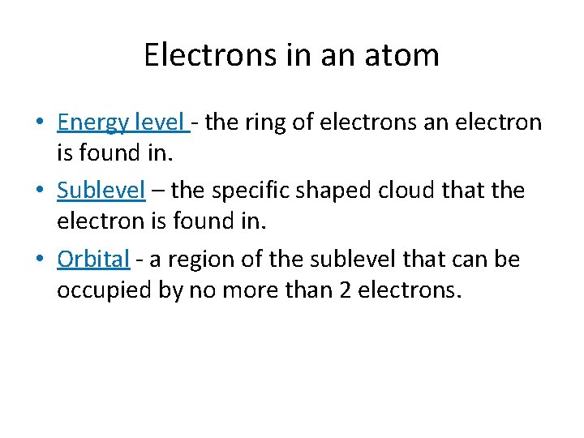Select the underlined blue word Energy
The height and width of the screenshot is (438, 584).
point(93,122)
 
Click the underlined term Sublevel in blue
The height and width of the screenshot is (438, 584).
point(101,191)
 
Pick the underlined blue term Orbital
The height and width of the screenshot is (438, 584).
point(93,260)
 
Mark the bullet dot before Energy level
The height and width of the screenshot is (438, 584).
point(39,123)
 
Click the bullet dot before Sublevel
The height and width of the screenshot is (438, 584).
point(39,191)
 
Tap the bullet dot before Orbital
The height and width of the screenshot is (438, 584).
point(39,260)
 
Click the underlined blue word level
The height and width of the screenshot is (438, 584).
point(161,122)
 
